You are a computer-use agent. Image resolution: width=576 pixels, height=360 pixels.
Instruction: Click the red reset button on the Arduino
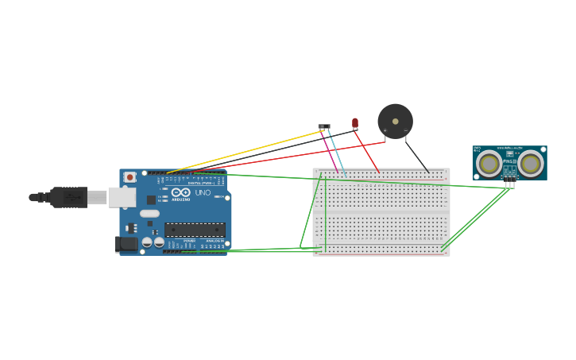click(x=130, y=177)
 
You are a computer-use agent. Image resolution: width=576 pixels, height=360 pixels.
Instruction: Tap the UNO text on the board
click(x=203, y=192)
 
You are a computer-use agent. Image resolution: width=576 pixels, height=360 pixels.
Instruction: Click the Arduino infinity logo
click(x=180, y=192)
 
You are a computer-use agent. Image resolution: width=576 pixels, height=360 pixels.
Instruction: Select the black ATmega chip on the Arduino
click(x=195, y=230)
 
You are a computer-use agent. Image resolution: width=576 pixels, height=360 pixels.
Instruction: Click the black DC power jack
click(x=126, y=244)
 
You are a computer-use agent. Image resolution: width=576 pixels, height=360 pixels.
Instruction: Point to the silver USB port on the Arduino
click(x=122, y=197)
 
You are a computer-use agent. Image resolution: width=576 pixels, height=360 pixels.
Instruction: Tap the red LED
click(x=355, y=123)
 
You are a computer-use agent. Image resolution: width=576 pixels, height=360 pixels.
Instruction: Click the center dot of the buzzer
click(x=396, y=122)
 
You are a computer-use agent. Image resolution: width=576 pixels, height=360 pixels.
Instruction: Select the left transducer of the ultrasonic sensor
click(x=489, y=164)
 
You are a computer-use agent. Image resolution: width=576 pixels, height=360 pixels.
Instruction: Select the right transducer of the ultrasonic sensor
click(x=530, y=164)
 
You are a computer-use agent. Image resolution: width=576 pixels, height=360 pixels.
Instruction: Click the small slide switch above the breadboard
click(x=324, y=126)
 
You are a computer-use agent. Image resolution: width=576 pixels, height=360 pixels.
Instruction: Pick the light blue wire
click(x=337, y=152)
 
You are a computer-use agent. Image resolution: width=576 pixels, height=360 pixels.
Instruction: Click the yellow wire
click(x=246, y=151)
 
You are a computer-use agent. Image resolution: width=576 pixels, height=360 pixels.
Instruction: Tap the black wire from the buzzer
click(x=417, y=156)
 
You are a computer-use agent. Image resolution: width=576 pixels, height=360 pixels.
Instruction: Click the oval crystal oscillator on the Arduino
click(x=149, y=213)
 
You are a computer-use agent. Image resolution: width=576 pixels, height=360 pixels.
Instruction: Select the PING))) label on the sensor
click(x=509, y=161)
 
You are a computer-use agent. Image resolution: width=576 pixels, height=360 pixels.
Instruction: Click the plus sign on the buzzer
click(x=385, y=130)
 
